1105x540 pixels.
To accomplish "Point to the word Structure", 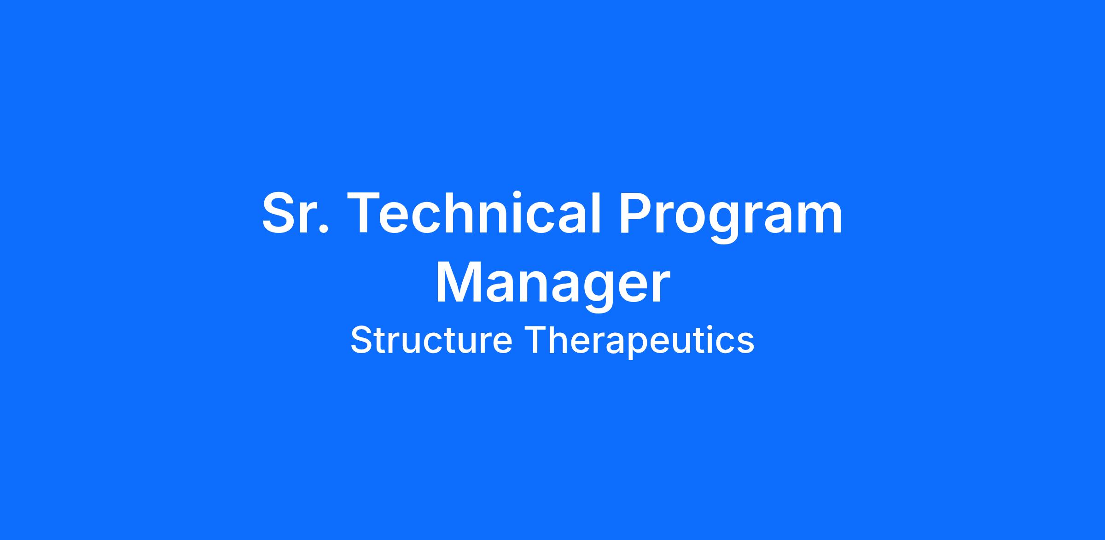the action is [431, 340].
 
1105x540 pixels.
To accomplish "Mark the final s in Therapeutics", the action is [745, 344].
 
